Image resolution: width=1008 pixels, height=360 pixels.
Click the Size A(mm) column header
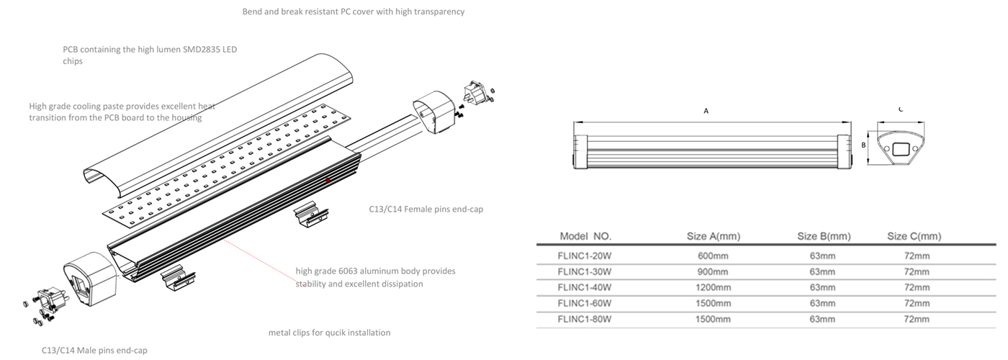click(x=713, y=236)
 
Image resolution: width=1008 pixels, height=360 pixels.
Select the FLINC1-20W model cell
click(x=585, y=256)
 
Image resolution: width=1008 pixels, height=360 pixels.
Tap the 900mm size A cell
click(x=713, y=271)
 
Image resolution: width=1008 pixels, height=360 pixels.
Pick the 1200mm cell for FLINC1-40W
click(x=713, y=287)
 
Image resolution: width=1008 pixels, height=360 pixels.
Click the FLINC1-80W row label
click(x=585, y=319)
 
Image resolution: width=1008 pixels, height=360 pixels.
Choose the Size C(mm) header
click(x=914, y=236)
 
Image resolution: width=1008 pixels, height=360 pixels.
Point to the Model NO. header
click(x=585, y=236)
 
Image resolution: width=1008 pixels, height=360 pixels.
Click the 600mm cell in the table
click(x=713, y=256)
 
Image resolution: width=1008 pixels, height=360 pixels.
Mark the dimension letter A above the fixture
click(x=706, y=112)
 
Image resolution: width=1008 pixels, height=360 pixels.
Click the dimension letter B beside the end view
click(x=863, y=144)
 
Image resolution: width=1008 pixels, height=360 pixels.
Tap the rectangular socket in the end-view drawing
click(x=899, y=150)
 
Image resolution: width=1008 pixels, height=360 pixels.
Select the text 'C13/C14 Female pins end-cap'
click(x=421, y=210)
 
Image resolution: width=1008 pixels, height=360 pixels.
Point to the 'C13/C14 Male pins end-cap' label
click(x=94, y=350)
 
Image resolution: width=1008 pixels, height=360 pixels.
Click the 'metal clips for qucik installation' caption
click(x=329, y=333)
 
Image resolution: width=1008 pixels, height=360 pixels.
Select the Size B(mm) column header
click(x=824, y=236)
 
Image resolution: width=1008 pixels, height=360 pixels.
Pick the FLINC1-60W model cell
click(x=585, y=303)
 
